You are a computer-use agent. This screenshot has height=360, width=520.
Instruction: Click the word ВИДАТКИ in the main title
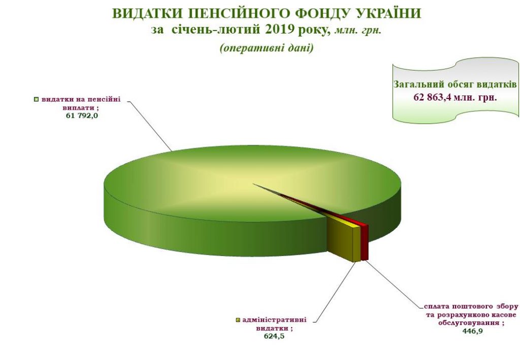pos(144,14)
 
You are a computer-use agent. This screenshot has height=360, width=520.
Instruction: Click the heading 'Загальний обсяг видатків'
pos(455,84)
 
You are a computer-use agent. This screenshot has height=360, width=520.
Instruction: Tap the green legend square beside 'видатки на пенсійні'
pos(36,99)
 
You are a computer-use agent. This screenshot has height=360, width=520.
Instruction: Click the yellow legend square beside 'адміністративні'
pos(238,320)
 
